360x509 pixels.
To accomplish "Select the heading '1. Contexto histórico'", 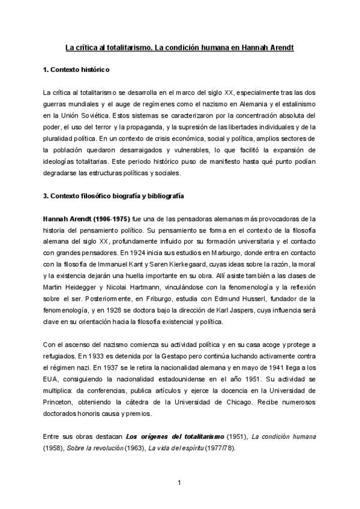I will pyautogui.click(x=76, y=71).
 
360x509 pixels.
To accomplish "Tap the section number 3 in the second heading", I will pyautogui.click(x=46, y=196).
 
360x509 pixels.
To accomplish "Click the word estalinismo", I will pyautogui.click(x=295, y=104).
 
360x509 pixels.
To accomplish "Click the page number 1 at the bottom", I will pyautogui.click(x=179, y=481).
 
